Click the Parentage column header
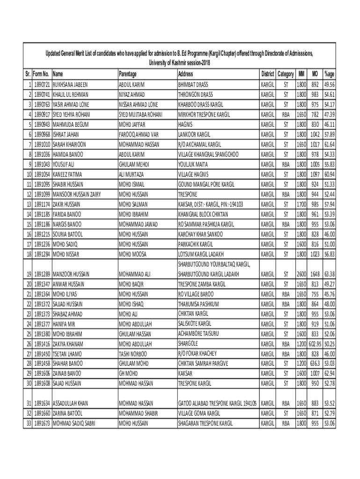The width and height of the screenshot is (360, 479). [128, 74]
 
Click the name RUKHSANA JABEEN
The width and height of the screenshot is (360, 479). [70, 85]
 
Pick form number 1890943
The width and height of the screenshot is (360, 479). [43, 124]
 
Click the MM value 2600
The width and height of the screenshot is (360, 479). [301, 274]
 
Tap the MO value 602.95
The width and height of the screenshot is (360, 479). [315, 344]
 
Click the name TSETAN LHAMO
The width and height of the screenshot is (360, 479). [68, 354]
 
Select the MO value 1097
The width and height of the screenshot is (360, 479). [315, 174]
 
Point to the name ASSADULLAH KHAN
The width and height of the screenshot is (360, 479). [71, 403]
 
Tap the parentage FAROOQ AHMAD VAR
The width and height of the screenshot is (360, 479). [139, 134]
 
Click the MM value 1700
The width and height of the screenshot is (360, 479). [301, 204]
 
